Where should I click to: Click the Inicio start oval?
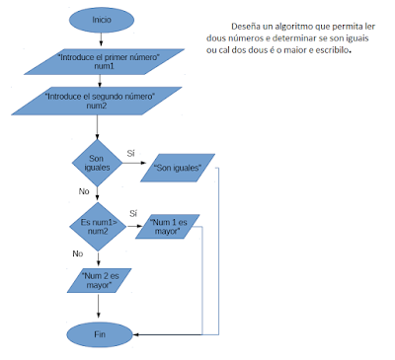101,19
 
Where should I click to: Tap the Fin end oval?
101,334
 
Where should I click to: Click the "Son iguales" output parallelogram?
179,168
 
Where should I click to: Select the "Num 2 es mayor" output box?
96,279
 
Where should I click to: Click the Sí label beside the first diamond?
131,153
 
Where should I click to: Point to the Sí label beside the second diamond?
132,213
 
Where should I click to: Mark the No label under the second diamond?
77,253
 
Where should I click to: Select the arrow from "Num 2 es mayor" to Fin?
97,308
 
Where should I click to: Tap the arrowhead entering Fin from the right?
136,334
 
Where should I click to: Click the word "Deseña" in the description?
245,26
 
